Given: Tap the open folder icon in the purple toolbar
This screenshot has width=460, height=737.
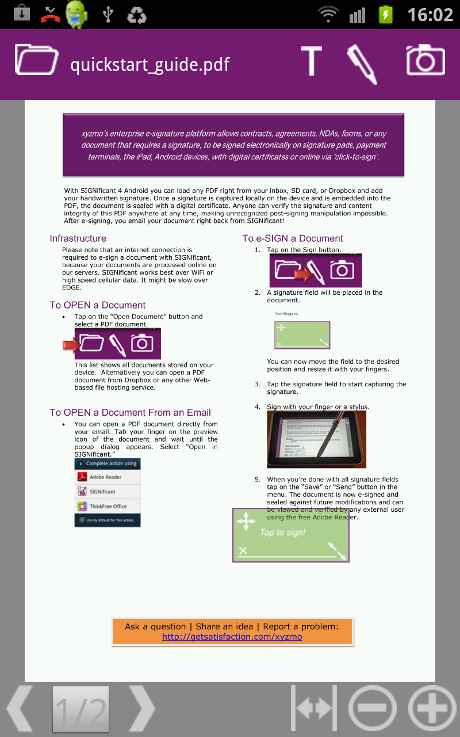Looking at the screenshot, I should point(36,59).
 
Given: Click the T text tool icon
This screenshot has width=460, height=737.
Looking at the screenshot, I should point(311,60).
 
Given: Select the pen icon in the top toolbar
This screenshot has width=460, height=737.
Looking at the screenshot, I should point(362,63).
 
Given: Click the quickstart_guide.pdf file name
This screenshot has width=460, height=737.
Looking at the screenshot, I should point(149,64).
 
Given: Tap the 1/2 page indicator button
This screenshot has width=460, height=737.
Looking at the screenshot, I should point(80,709).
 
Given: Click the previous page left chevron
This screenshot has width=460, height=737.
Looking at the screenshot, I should point(20,709).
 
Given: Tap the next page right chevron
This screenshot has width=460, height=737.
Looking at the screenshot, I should point(141,709).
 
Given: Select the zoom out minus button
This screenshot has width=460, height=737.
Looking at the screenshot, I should point(373,709).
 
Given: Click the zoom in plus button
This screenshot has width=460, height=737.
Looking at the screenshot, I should point(432,709).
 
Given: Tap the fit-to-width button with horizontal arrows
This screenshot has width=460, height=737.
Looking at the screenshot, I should point(314,709).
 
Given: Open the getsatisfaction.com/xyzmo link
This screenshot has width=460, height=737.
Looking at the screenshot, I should point(232,637).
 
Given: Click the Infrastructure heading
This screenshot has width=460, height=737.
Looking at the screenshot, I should point(78,238).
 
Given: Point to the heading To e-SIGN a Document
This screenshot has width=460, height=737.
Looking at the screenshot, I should point(292,238).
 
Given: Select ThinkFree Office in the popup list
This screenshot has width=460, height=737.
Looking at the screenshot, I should point(108,506).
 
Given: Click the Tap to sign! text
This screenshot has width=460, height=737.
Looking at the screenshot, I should point(282,532).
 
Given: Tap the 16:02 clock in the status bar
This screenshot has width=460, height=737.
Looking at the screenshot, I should point(430,14).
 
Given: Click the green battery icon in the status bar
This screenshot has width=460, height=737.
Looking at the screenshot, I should point(385,14).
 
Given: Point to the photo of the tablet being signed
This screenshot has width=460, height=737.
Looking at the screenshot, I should point(316,439).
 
